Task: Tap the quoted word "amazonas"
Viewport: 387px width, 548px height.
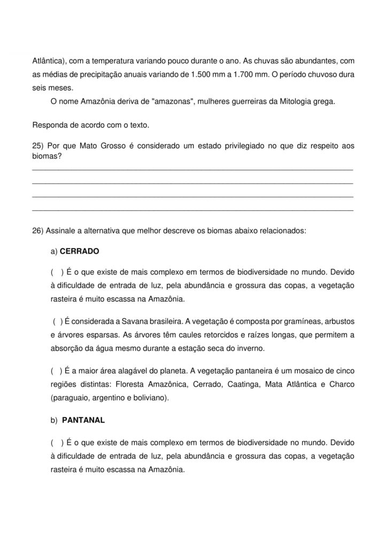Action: tap(173, 101)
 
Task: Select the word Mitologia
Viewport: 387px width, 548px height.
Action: tap(295, 101)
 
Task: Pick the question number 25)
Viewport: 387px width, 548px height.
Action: tap(38, 146)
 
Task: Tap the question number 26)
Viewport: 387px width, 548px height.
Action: tap(38, 231)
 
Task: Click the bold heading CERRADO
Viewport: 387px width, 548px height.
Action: tap(80, 250)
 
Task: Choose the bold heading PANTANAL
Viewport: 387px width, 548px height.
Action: tap(83, 420)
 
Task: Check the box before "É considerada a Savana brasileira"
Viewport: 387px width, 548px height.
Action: tap(58, 321)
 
